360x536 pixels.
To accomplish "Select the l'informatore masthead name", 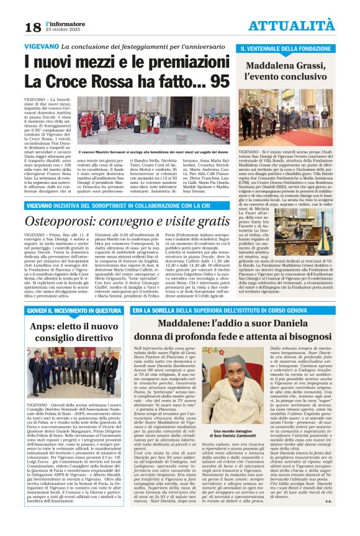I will click(58, 22).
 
